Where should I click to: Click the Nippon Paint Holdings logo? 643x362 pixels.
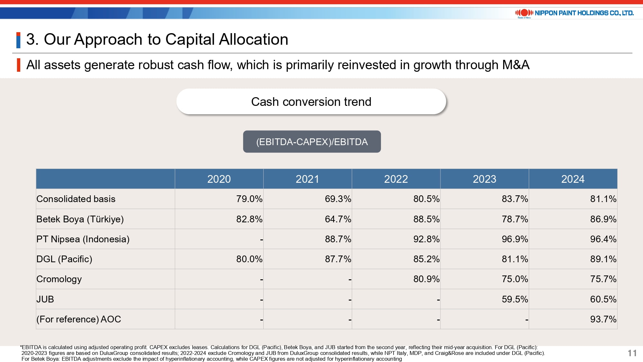point(574,13)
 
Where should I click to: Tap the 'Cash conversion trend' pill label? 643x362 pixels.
point(311,102)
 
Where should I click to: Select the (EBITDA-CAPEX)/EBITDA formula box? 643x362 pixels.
point(312,142)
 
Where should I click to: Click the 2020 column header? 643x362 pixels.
point(219,179)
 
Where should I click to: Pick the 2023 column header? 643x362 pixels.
point(484,179)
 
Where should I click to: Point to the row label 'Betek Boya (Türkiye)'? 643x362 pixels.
point(80,219)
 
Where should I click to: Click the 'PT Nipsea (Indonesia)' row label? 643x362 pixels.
point(83,239)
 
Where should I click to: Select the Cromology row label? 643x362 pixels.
point(59,279)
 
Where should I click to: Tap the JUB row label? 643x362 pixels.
point(45,299)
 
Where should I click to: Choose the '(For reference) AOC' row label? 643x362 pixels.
point(79,319)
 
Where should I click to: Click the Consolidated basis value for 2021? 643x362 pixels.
point(338,199)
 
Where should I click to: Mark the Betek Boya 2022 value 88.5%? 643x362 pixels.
point(426,219)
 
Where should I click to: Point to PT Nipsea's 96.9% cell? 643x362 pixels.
point(514,239)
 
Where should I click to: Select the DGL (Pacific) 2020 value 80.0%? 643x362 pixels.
point(249,259)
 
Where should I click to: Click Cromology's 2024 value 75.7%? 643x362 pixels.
point(603,279)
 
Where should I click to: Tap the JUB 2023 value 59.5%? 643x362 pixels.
point(514,299)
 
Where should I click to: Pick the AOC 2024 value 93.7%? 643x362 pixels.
point(603,319)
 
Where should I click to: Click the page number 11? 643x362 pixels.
point(632,353)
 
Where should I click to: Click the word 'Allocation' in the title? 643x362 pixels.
point(253,40)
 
